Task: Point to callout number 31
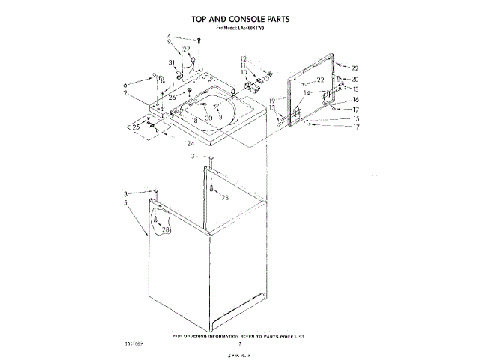point(172,62)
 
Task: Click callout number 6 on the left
point(125,84)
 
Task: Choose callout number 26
point(172,97)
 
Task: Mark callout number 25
point(136,127)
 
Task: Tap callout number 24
point(190,143)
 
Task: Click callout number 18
point(193,120)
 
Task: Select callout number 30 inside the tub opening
point(209,118)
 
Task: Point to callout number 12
point(244,58)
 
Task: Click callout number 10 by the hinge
point(244,72)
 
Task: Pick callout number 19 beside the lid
point(272,100)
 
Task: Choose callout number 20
point(355,79)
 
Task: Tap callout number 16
point(356,99)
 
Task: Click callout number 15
point(356,118)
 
